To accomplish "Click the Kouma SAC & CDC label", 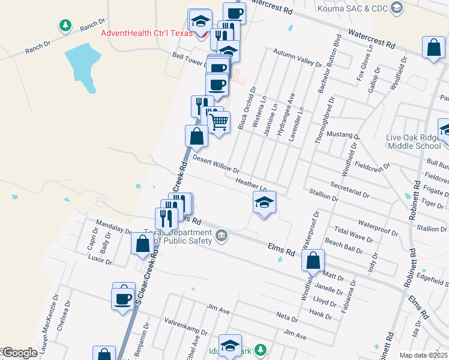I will (353, 8).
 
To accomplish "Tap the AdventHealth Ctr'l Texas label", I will (146, 33).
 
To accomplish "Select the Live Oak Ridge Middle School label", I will (414, 142).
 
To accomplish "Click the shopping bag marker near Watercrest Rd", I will (433, 47).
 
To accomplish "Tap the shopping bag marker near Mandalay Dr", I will (142, 244).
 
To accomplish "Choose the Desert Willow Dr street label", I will (216, 163).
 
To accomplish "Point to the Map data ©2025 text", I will (423, 355).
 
